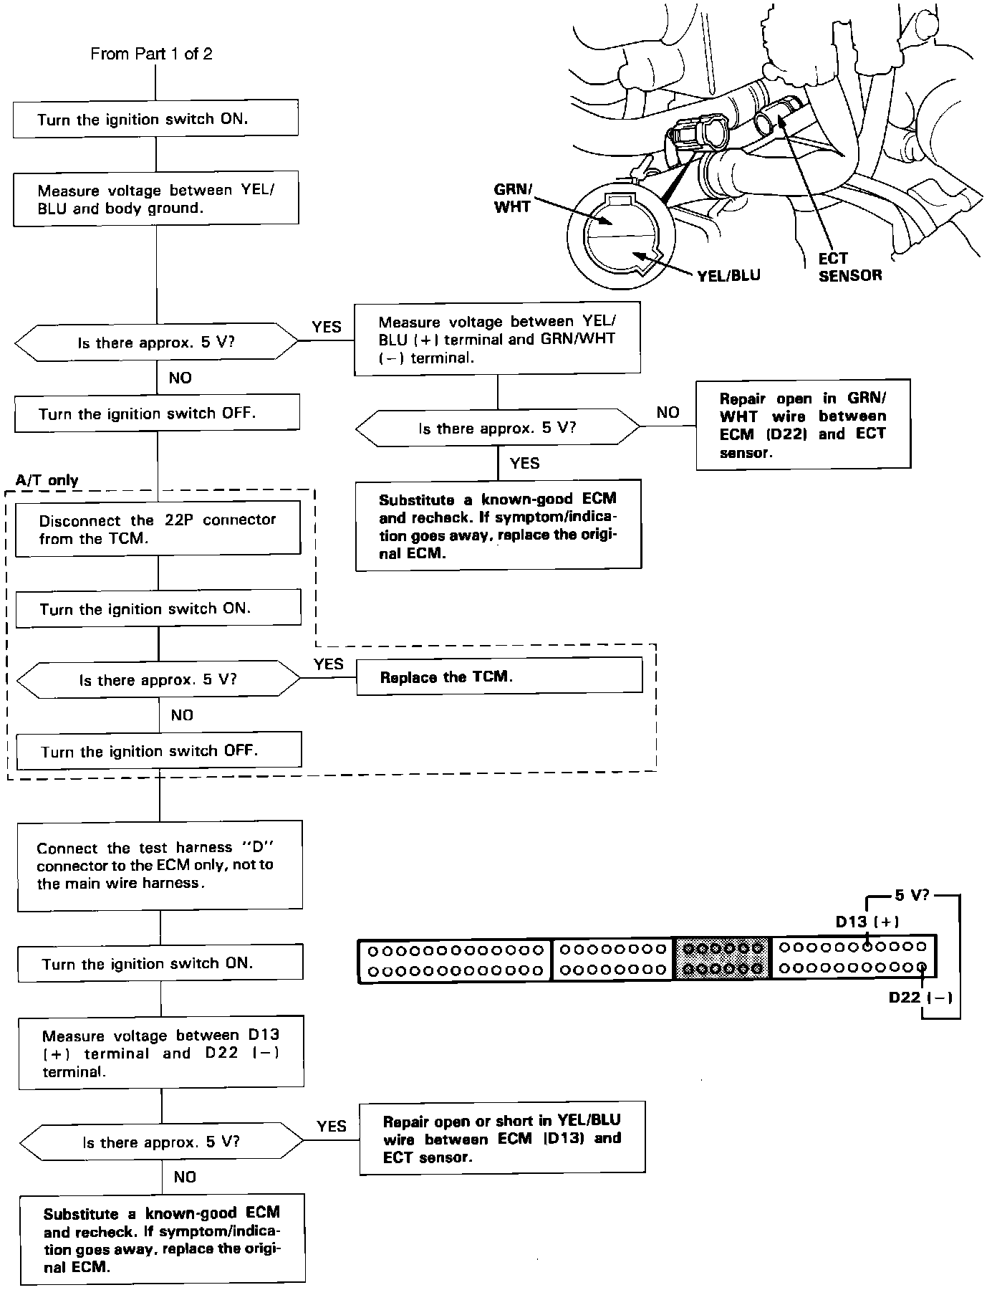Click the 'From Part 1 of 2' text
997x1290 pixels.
[151, 54]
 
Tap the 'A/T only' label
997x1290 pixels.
[47, 480]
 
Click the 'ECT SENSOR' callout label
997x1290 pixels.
[850, 267]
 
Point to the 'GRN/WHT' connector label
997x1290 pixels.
[513, 199]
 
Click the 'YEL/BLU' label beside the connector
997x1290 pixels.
[728, 275]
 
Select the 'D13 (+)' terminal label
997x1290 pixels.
[867, 922]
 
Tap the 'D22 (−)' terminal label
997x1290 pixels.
[920, 997]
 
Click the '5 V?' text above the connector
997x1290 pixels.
[911, 896]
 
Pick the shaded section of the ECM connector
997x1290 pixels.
[722, 959]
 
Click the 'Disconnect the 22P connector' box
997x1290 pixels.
[158, 528]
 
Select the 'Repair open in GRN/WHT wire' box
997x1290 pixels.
[803, 424]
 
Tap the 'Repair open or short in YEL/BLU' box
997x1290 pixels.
[502, 1139]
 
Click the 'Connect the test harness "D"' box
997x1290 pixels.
[160, 865]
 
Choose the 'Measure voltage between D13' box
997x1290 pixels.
[160, 1053]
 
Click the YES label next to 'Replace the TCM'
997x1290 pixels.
[328, 664]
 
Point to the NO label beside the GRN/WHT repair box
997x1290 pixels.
[668, 412]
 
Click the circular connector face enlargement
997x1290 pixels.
[620, 234]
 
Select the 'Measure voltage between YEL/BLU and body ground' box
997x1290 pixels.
[156, 200]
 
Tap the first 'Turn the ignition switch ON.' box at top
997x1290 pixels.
[155, 118]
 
